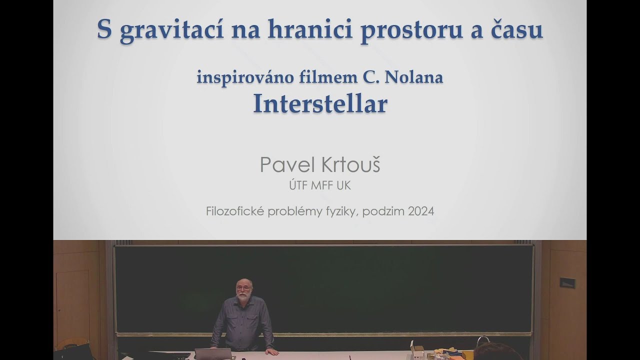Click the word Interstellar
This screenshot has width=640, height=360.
click(320, 104)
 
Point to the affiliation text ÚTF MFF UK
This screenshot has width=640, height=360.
click(320, 185)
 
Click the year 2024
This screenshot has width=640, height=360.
click(420, 211)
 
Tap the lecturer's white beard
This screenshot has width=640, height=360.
click(243, 297)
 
